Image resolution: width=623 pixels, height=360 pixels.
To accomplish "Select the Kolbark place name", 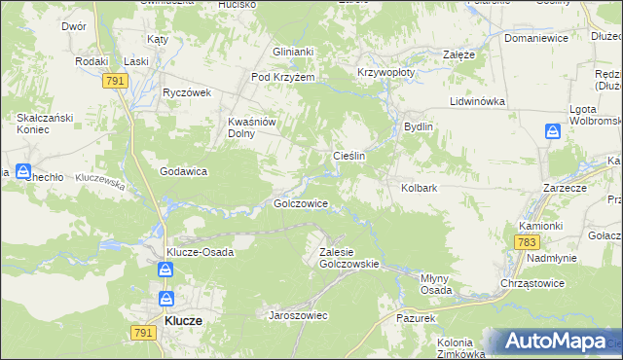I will tap(419, 187).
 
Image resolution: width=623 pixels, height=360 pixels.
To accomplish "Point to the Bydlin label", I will tap(418, 126).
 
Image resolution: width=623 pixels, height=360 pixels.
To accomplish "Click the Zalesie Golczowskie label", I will tap(348, 257).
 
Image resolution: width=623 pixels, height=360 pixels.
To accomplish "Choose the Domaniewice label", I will tap(535, 39).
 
